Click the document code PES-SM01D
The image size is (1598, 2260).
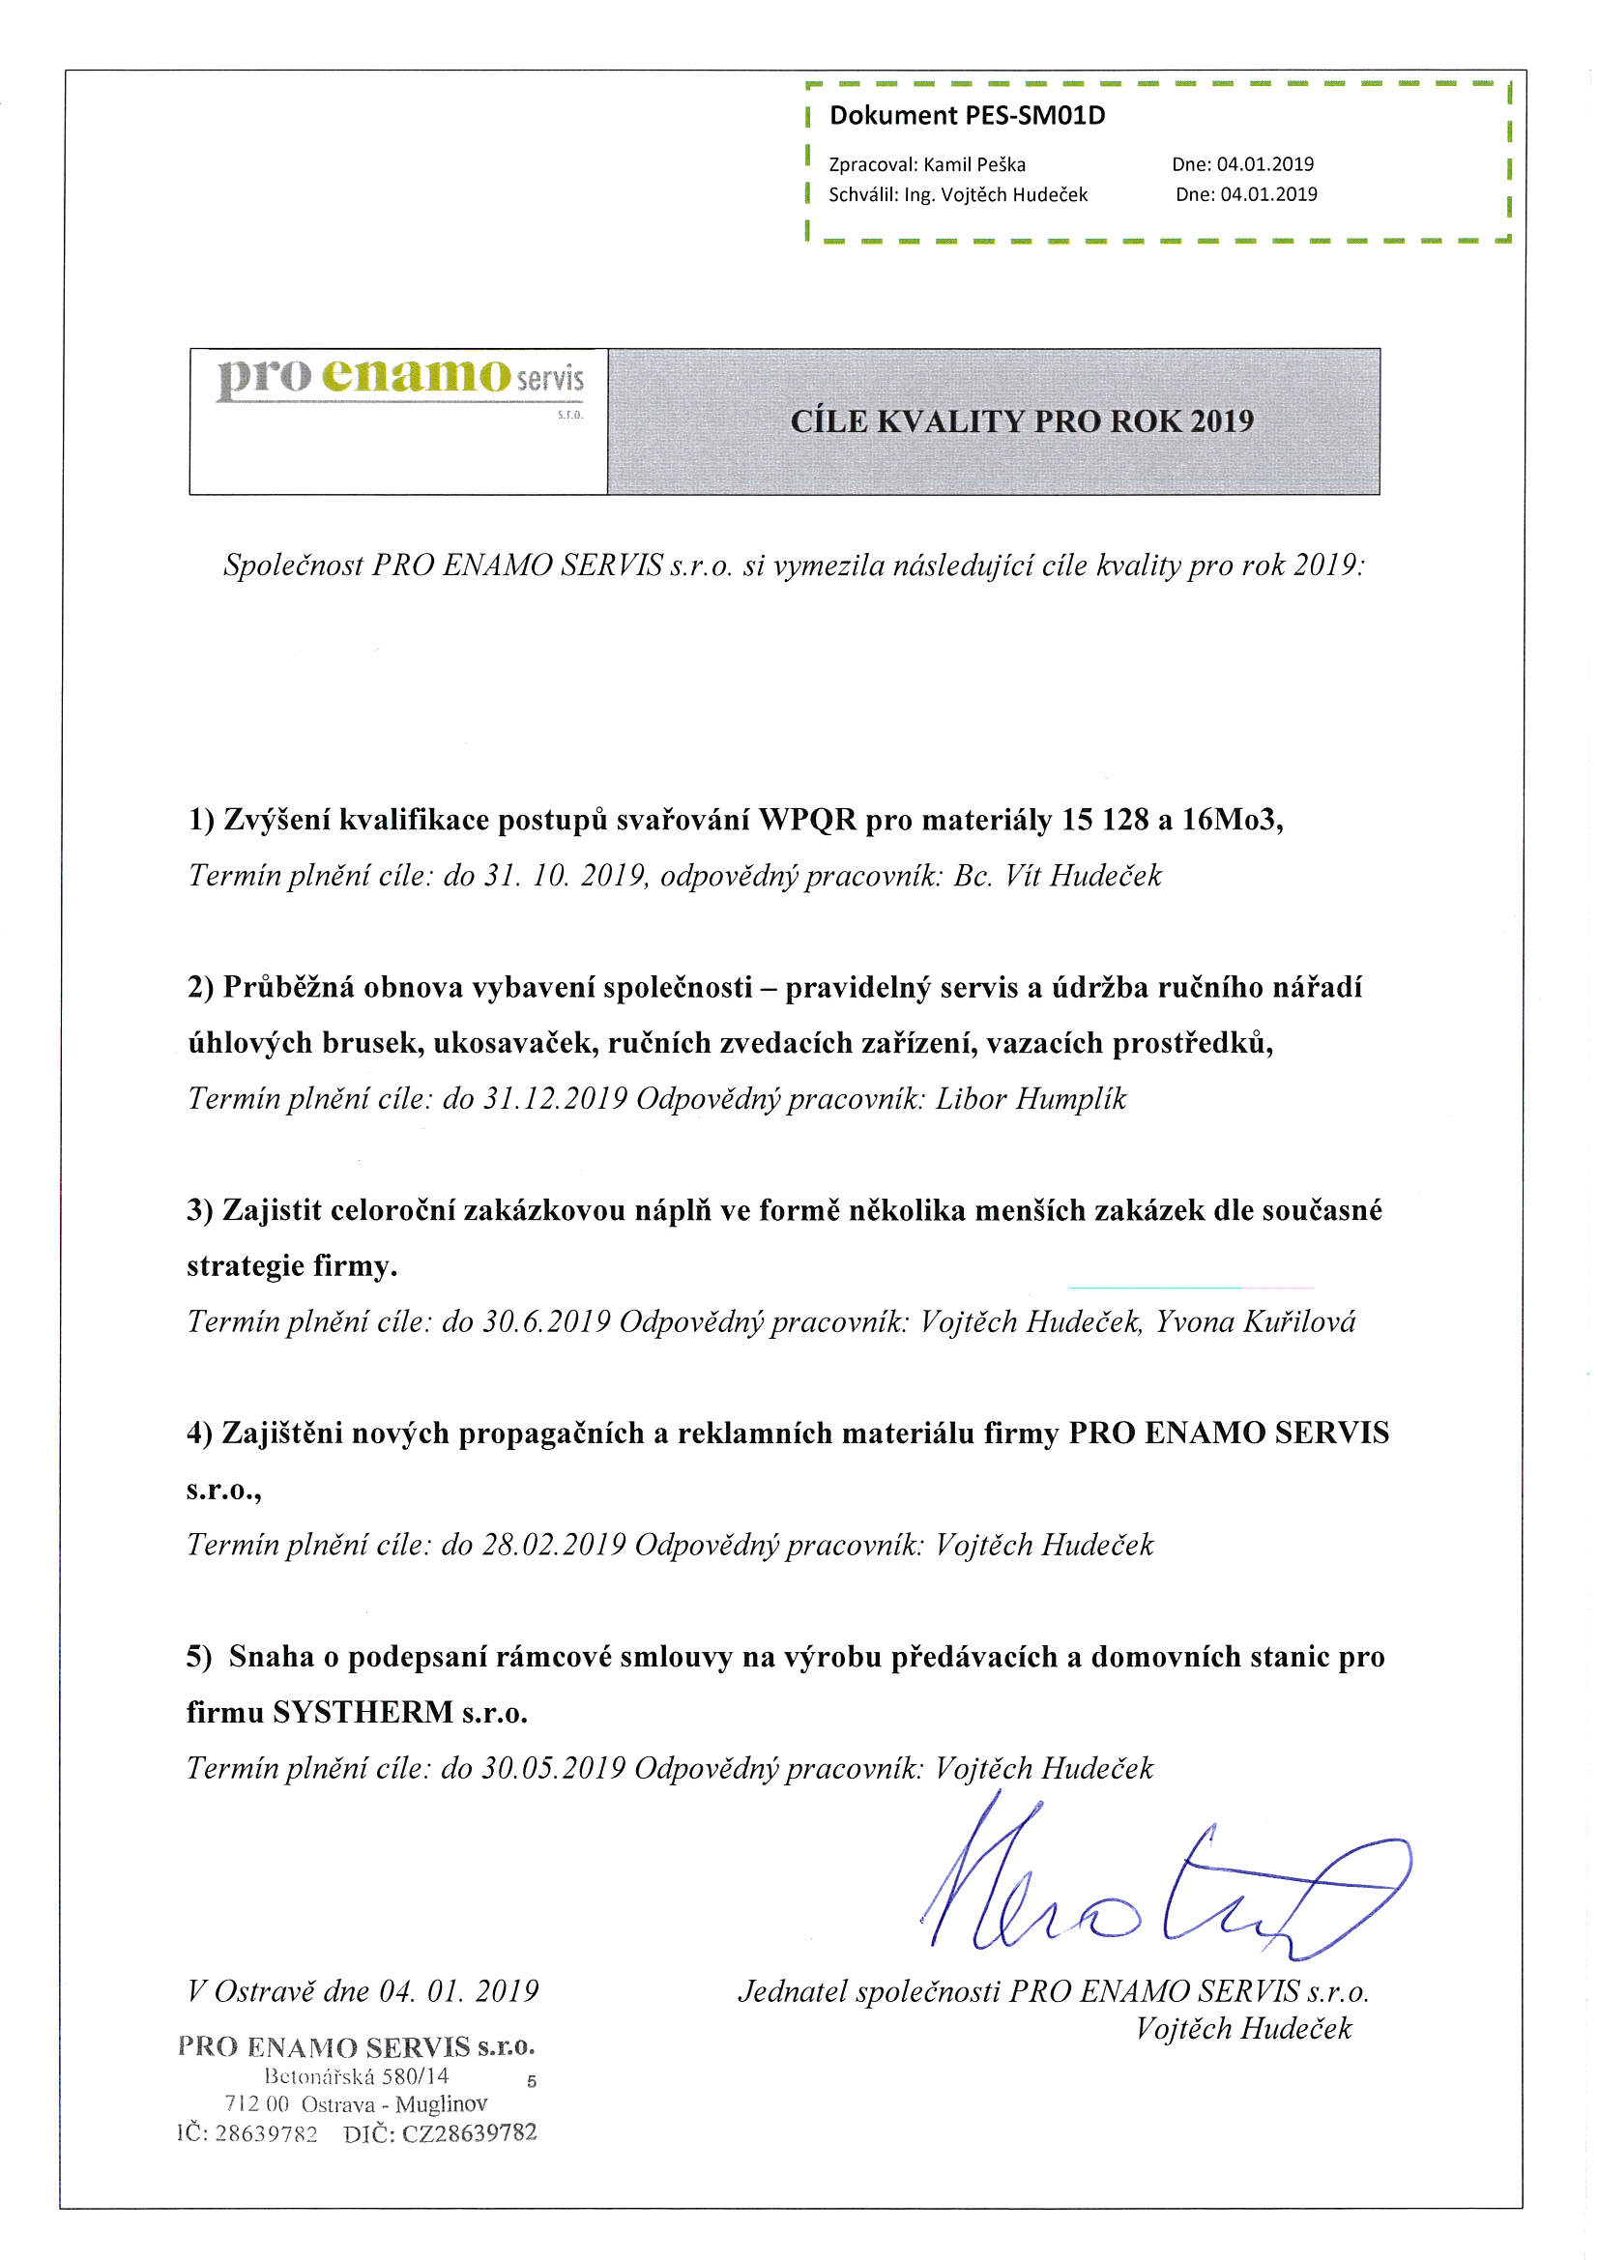pos(1034,116)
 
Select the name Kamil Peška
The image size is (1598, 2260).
pos(973,164)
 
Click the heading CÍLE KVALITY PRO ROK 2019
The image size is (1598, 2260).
pos(1021,421)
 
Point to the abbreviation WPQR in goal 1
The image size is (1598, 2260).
pos(807,820)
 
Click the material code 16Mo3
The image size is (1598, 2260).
pos(1231,820)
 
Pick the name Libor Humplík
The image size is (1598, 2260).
pos(1030,1098)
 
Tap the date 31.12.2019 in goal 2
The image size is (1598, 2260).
pos(554,1098)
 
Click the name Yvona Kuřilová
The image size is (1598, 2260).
pos(1256,1322)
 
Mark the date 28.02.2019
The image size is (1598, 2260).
pos(553,1546)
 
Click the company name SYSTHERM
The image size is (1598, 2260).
pos(363,1713)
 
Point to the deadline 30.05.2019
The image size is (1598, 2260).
pos(553,1769)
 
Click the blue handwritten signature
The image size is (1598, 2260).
pos(1162,1890)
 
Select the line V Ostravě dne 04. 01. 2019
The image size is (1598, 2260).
pos(363,1992)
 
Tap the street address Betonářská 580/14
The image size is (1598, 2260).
pos(357,2076)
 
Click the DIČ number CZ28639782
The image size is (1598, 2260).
pos(469,2133)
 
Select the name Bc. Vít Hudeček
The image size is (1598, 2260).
pos(1057,875)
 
